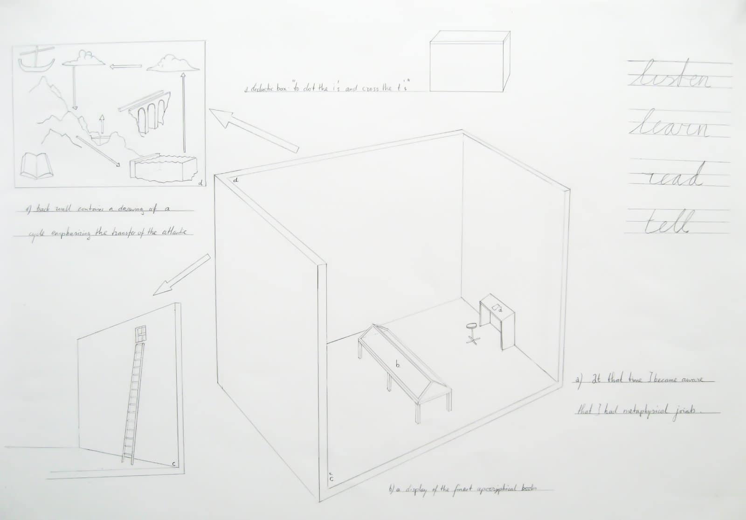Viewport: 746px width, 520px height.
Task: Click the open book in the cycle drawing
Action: pos(35,165)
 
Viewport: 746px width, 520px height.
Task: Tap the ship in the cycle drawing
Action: pos(36,60)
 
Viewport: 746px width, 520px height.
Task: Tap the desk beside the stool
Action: pos(498,322)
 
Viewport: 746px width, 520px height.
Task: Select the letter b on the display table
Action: pos(397,365)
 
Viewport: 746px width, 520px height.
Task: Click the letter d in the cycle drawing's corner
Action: pos(200,183)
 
